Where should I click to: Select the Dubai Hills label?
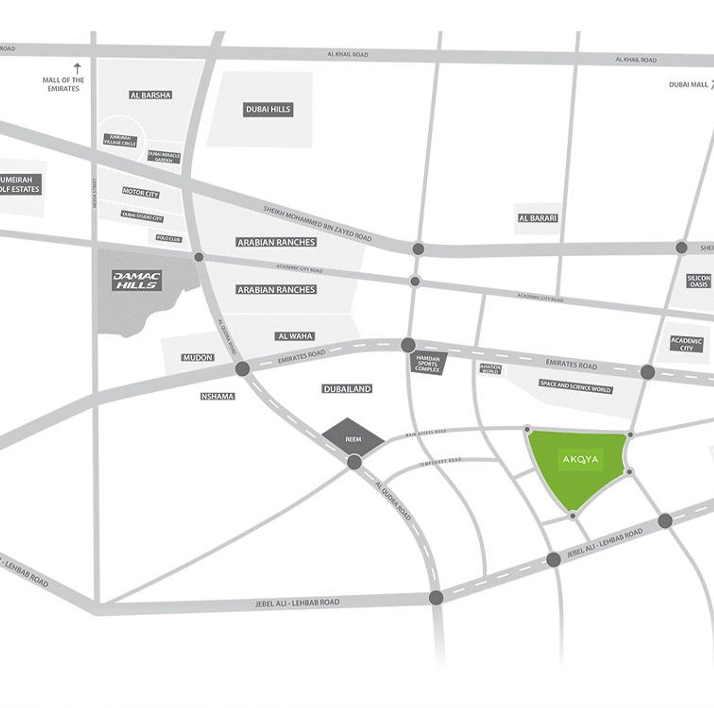[268, 109]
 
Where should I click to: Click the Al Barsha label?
[150, 95]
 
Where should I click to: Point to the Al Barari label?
[538, 218]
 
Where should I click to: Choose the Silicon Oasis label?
[699, 281]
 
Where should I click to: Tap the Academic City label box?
[686, 344]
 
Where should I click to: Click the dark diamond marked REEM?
[353, 439]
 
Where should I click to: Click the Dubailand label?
[347, 389]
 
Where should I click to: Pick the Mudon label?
[197, 357]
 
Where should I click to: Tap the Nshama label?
[218, 396]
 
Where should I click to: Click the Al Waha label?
[295, 336]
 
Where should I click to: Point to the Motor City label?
[141, 193]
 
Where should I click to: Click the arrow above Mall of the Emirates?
[77, 68]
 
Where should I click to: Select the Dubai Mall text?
[688, 85]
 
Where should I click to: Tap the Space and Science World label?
[575, 386]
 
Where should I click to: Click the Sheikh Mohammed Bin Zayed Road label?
[317, 224]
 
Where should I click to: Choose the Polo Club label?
[169, 238]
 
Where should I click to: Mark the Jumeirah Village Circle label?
[120, 140]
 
